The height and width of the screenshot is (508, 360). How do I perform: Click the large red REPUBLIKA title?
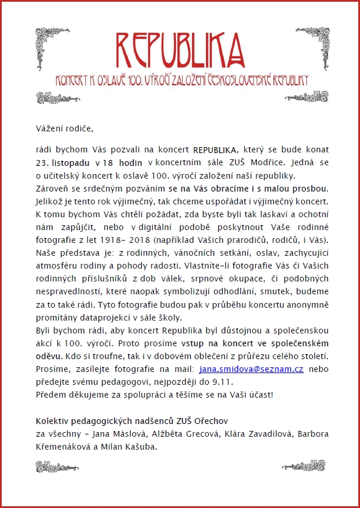pyautogui.click(x=180, y=49)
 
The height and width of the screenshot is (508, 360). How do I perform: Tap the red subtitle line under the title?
pyautogui.click(x=180, y=79)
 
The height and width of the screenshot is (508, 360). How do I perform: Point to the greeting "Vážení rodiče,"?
pyautogui.click(x=64, y=128)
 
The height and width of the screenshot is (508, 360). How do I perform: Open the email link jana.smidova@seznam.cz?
pyautogui.click(x=251, y=369)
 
